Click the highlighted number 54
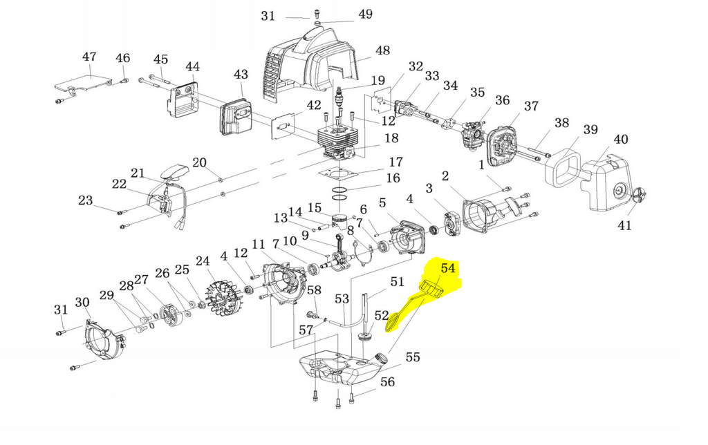pos(448,268)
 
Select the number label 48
pos(382,50)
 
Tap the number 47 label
pos(89,57)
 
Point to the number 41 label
pos(624,225)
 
